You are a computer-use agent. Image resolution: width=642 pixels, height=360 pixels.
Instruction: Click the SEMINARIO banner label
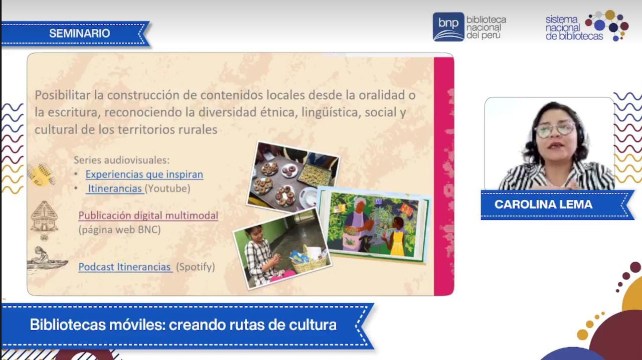pyautogui.click(x=79, y=33)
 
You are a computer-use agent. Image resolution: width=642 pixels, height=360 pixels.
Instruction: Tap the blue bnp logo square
pyautogui.click(x=448, y=27)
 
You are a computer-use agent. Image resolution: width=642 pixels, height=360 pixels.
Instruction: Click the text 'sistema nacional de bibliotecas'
pyautogui.click(x=574, y=28)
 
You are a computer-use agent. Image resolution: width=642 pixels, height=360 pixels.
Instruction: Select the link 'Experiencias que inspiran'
pyautogui.click(x=144, y=174)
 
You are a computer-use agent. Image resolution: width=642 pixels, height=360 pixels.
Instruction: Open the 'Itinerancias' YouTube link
pyautogui.click(x=115, y=189)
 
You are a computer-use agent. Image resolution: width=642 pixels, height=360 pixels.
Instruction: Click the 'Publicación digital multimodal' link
pyautogui.click(x=148, y=216)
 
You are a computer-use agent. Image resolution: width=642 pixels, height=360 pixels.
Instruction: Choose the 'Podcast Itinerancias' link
pyautogui.click(x=125, y=267)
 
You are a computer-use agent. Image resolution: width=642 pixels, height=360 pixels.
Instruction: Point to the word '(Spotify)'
pyautogui.click(x=196, y=267)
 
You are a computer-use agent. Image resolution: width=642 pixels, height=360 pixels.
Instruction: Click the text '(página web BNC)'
pyautogui.click(x=119, y=230)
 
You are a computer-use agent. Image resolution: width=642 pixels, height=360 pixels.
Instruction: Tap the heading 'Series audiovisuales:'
pyautogui.click(x=121, y=160)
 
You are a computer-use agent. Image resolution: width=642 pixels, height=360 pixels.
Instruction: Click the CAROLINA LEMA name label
pyautogui.click(x=543, y=205)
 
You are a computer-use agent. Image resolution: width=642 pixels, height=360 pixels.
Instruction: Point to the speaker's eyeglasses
pyautogui.click(x=555, y=129)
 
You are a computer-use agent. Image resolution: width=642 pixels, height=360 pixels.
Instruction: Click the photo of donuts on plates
pyautogui.click(x=293, y=177)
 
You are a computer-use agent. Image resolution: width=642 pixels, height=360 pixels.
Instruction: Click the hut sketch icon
pyautogui.click(x=44, y=217)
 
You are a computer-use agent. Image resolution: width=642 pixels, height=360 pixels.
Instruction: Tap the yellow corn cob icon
pyautogui.click(x=42, y=174)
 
